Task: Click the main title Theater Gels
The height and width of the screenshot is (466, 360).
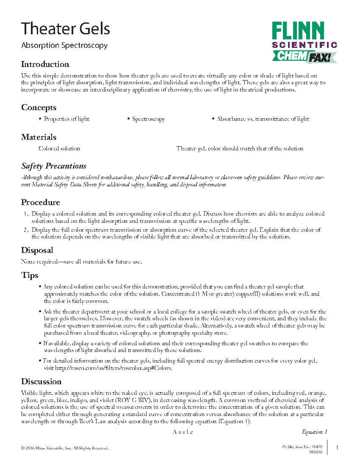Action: tap(66, 29)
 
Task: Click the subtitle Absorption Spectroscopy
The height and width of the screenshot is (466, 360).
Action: tap(64, 45)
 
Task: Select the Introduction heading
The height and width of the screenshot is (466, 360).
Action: tap(45, 64)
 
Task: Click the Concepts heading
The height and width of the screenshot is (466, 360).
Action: tap(39, 108)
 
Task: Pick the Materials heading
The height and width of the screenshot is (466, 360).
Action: tap(39, 137)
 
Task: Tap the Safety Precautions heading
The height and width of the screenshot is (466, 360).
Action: tap(54, 166)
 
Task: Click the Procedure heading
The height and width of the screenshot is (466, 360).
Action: tap(41, 202)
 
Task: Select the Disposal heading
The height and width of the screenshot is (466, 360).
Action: tap(37, 250)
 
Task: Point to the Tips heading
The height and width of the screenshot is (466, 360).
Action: tap(30, 276)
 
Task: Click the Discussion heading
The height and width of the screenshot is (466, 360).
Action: tap(42, 382)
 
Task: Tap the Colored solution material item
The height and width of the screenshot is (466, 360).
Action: tap(59, 149)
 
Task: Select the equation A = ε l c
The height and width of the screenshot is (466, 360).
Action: tap(183, 432)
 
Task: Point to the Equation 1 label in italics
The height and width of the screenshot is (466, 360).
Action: tap(314, 432)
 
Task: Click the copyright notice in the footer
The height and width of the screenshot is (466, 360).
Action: tap(65, 448)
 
